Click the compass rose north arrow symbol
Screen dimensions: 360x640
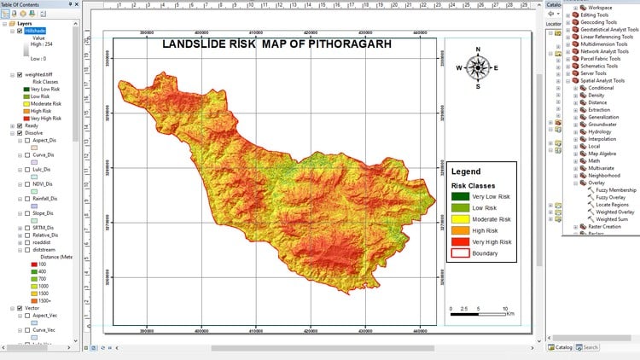click(x=478, y=68)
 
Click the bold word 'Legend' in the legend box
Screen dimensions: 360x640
click(x=466, y=171)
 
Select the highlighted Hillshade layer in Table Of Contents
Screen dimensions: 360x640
click(x=35, y=31)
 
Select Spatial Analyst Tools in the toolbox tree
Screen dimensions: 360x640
click(x=602, y=80)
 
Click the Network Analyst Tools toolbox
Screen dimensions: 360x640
click(x=604, y=51)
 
